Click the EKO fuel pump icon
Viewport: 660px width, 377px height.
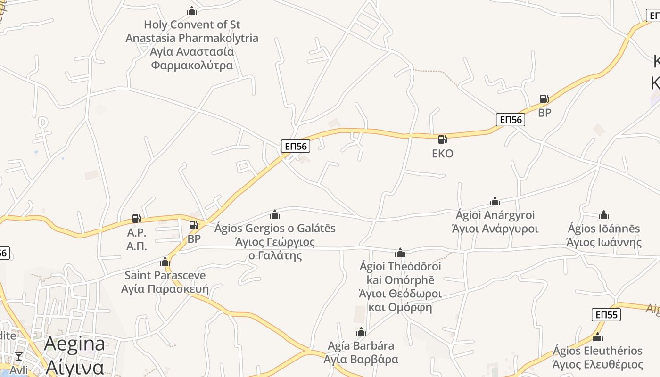[x=442, y=139]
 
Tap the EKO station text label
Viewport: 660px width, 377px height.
[x=442, y=153]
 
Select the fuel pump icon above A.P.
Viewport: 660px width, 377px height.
[x=136, y=219]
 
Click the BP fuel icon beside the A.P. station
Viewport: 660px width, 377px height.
[x=193, y=225]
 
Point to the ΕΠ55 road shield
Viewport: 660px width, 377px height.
[x=606, y=315]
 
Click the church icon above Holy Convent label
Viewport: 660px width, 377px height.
[x=191, y=11]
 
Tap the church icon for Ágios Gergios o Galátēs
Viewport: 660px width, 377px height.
[x=275, y=215]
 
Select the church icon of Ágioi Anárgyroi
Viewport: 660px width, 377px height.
[x=495, y=202]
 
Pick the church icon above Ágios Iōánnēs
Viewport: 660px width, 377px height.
[x=604, y=215]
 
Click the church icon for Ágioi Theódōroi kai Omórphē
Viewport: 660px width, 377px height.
[x=400, y=253]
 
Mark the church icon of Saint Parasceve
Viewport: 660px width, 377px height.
[x=165, y=262]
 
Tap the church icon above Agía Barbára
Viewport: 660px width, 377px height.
[x=361, y=332]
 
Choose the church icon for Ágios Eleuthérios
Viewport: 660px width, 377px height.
[x=598, y=337]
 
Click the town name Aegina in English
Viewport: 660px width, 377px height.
[x=74, y=344]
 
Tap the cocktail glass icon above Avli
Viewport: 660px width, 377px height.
[x=19, y=356]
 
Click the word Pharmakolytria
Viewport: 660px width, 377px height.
[x=218, y=38]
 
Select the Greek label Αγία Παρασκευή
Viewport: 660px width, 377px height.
[x=165, y=288]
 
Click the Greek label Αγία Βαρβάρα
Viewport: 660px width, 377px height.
[x=361, y=359]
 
